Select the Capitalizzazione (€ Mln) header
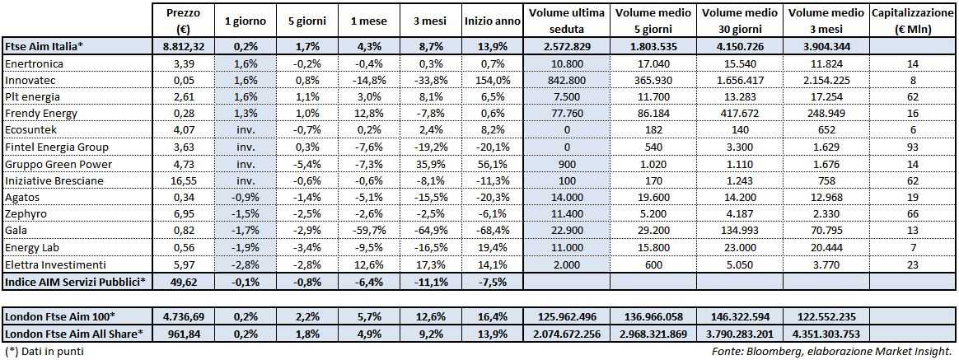tap(914, 20)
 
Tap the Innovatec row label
tap(32, 81)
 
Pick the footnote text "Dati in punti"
tap(49, 352)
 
